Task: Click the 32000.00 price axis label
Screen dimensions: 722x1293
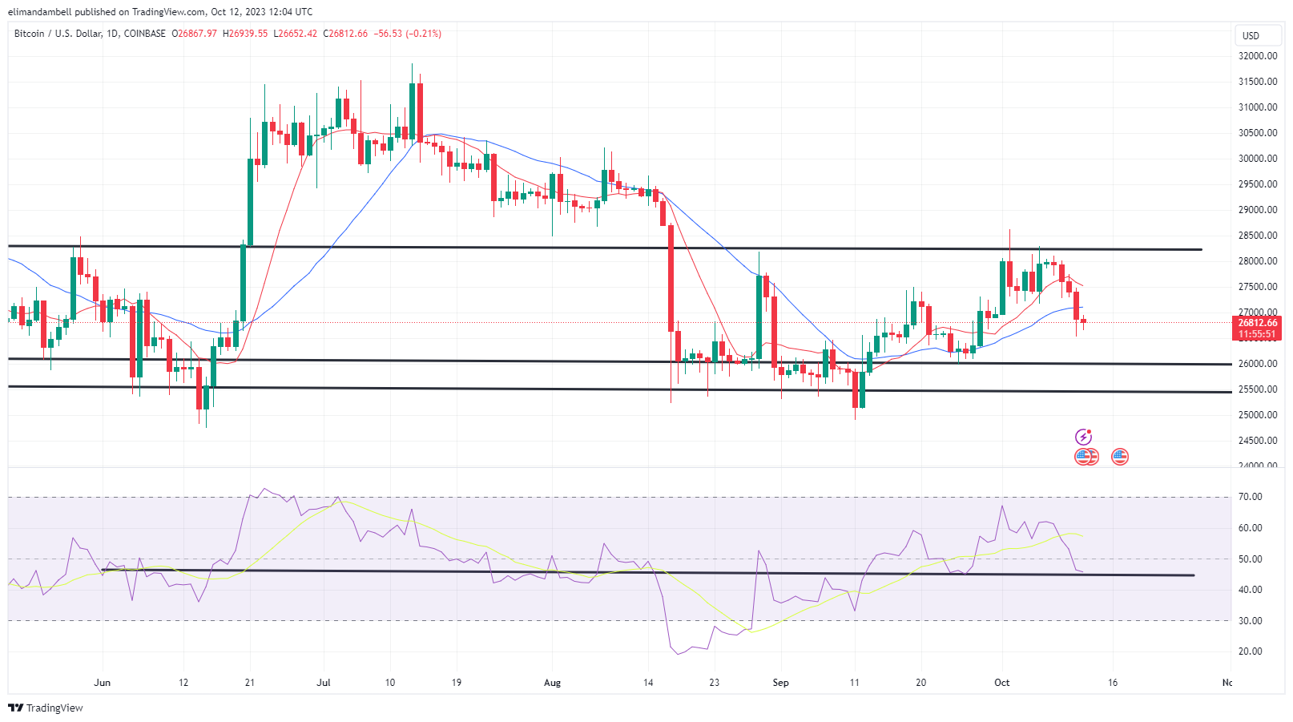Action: [x=1258, y=56]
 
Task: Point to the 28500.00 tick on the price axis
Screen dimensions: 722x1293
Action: [x=1258, y=236]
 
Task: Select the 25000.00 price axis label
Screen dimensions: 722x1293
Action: [x=1258, y=415]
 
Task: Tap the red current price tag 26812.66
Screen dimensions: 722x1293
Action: [x=1257, y=323]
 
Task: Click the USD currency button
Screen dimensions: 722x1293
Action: [x=1251, y=35]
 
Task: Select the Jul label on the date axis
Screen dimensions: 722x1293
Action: [x=324, y=683]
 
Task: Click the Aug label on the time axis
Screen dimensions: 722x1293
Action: [x=552, y=683]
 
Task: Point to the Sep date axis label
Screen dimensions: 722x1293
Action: [x=780, y=683]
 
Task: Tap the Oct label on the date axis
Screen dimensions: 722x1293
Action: [x=1001, y=683]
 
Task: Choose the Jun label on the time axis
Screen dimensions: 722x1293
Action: [x=102, y=683]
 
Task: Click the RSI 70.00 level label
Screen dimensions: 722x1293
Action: [x=1250, y=497]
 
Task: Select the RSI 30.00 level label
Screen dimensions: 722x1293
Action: [x=1250, y=621]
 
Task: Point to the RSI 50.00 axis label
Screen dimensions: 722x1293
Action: [x=1250, y=559]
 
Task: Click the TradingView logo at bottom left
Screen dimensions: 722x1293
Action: [x=46, y=708]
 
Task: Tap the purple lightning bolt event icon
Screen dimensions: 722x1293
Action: [x=1083, y=437]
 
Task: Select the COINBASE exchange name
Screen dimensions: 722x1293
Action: [x=145, y=34]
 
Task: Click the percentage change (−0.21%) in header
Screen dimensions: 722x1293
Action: [x=424, y=34]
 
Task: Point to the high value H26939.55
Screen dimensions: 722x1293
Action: [x=245, y=34]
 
